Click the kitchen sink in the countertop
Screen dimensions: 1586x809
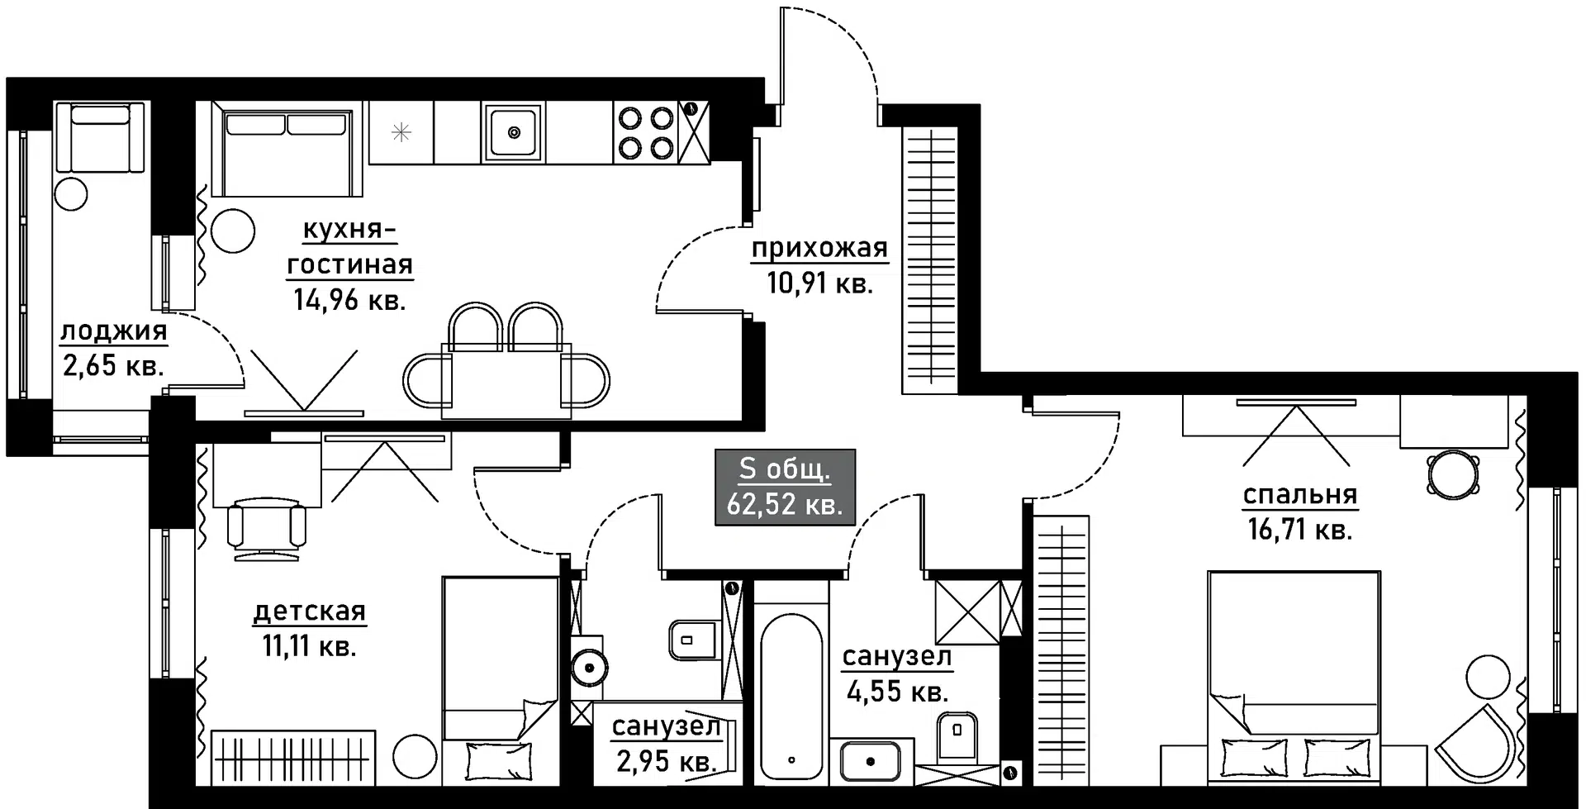(513, 131)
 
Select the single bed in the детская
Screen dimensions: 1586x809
(501, 680)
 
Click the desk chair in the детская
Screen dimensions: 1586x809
(267, 526)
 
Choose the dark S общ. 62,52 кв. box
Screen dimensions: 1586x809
(785, 488)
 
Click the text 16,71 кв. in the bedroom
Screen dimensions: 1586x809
(1299, 529)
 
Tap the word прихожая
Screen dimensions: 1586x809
(819, 248)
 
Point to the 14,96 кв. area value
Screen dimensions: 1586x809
(349, 299)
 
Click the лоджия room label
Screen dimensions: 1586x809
(113, 331)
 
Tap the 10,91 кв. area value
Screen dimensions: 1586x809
(819, 284)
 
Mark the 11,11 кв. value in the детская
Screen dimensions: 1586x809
(309, 645)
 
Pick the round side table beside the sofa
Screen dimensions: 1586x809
(233, 231)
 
